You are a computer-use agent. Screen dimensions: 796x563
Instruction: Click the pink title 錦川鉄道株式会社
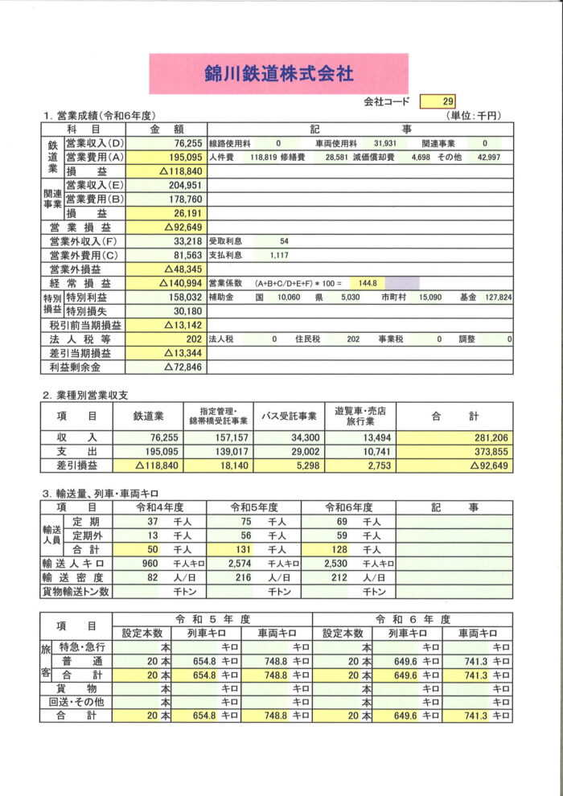click(x=278, y=74)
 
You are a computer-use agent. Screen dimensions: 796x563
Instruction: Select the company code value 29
click(x=448, y=101)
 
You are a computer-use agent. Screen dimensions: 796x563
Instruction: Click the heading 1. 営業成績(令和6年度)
click(x=99, y=116)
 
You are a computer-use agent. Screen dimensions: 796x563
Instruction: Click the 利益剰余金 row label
click(x=73, y=367)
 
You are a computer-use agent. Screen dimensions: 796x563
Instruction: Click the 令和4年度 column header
click(x=160, y=507)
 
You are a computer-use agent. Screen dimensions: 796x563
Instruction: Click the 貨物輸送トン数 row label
click(x=76, y=592)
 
